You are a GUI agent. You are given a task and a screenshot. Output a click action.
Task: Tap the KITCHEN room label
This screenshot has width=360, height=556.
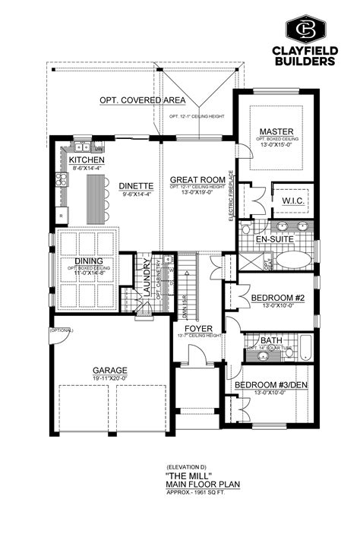click(x=87, y=161)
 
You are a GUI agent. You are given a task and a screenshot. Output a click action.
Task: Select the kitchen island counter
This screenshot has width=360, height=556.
click(x=96, y=199)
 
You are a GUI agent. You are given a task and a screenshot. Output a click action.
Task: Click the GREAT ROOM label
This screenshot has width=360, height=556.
click(x=197, y=179)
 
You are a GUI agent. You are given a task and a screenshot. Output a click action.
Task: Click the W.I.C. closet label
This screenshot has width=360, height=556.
click(x=292, y=201)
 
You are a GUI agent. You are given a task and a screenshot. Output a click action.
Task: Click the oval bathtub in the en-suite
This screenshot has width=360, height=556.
click(x=292, y=260)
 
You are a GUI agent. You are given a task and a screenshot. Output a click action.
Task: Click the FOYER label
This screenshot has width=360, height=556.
click(x=197, y=328)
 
